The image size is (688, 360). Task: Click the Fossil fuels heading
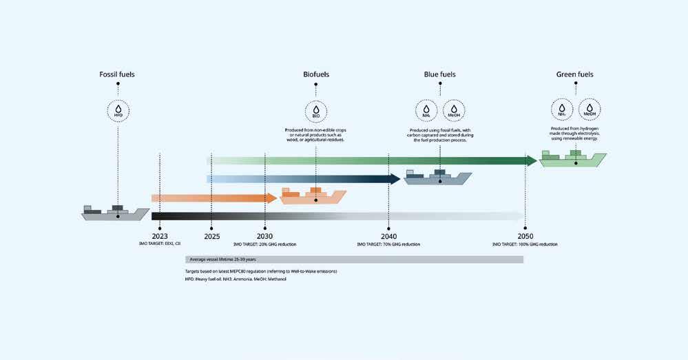(116, 74)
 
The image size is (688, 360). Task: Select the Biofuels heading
(316, 74)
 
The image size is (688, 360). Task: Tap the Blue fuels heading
(439, 74)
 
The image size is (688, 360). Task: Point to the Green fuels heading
(574, 74)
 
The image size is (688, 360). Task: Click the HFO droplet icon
(118, 110)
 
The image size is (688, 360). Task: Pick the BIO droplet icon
(316, 110)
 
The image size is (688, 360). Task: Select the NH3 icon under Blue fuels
(426, 110)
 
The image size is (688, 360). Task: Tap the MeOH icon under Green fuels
(589, 110)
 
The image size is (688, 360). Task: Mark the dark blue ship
(438, 178)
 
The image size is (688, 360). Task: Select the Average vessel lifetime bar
(354, 260)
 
